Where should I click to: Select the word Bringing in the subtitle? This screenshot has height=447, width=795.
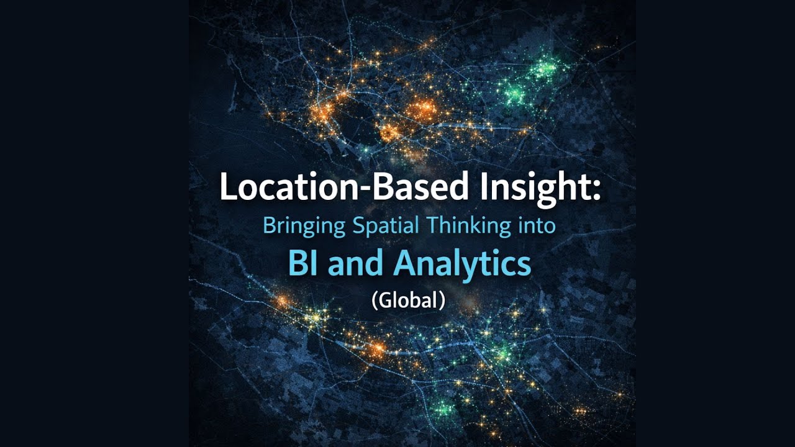pyautogui.click(x=303, y=226)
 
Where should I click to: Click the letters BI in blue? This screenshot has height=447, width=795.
pyautogui.click(x=304, y=263)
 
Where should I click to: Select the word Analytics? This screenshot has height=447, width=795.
pyautogui.click(x=462, y=264)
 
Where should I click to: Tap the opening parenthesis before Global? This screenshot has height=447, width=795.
pyautogui.click(x=374, y=300)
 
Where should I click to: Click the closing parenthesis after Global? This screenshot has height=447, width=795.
pyautogui.click(x=442, y=300)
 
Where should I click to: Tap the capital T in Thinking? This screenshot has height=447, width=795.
pyautogui.click(x=430, y=226)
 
